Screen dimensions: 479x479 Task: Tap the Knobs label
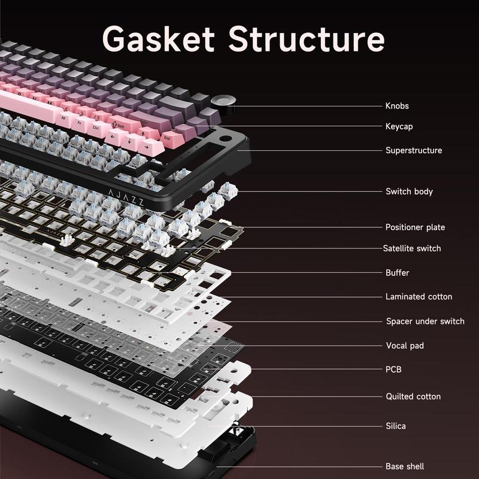tap(397, 106)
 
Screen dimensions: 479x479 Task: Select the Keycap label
tap(399, 126)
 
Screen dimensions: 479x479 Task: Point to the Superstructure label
tap(414, 150)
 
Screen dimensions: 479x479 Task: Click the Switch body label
tap(409, 192)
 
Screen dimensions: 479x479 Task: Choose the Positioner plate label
tap(415, 227)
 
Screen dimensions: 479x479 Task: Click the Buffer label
tap(398, 272)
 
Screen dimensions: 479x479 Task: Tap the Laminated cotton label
tap(419, 296)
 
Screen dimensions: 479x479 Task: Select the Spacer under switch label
tap(425, 322)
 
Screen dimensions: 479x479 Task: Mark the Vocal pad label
tap(405, 345)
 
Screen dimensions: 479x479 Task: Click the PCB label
tap(393, 369)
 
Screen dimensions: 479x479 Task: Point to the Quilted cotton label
tap(413, 396)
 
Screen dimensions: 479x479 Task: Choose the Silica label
tap(396, 426)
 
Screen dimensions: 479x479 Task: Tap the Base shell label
tap(405, 466)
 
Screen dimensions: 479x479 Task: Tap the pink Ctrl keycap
tap(96, 127)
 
